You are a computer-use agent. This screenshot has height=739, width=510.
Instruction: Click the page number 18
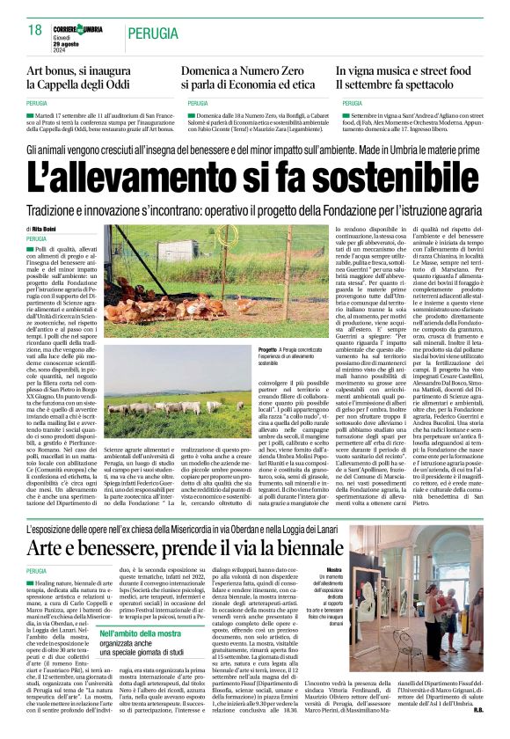click(x=35, y=30)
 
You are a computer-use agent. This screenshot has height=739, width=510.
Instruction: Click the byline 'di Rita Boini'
click(x=42, y=229)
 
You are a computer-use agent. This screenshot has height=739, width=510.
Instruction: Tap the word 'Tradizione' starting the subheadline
click(x=55, y=210)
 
